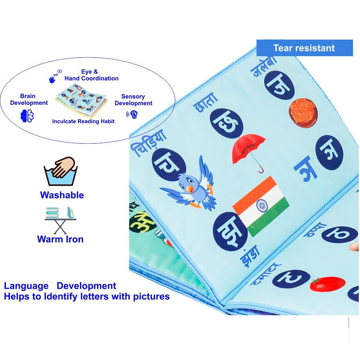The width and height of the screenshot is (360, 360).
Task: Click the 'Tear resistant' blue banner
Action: click(x=304, y=48)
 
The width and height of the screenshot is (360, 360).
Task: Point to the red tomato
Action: click(x=327, y=284)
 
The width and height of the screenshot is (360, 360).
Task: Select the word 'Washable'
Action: click(x=62, y=195)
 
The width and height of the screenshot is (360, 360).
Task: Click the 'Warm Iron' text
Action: click(x=60, y=239)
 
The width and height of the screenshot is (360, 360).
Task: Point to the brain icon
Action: click(x=27, y=115)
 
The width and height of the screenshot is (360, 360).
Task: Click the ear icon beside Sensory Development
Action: click(x=132, y=115)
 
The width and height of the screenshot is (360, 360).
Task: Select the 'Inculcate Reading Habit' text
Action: click(x=83, y=121)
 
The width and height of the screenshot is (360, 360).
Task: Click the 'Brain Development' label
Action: click(x=29, y=99)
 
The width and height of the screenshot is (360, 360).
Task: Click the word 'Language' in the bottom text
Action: click(x=26, y=286)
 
